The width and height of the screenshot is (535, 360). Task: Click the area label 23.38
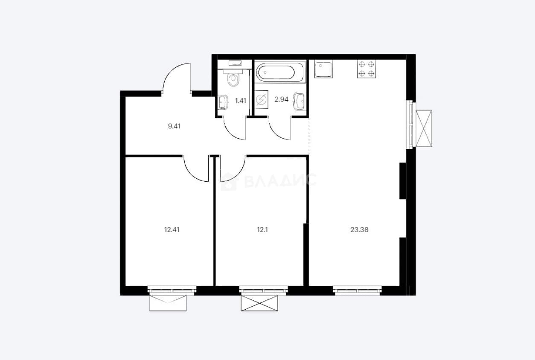click(x=359, y=229)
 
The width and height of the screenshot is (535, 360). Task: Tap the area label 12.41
click(x=172, y=229)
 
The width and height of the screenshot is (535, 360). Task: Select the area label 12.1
click(x=262, y=229)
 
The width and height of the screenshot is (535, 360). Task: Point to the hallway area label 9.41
click(x=174, y=126)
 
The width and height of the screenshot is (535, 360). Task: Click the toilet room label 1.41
click(x=241, y=101)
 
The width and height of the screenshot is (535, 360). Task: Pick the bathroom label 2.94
click(x=281, y=99)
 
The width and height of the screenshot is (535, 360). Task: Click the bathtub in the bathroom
click(x=280, y=72)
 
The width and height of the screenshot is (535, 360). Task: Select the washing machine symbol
click(x=261, y=99)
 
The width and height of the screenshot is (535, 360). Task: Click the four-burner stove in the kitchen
click(x=366, y=69)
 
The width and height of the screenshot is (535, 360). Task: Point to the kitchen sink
click(x=324, y=69)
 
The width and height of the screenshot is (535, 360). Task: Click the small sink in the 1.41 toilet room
click(x=223, y=102)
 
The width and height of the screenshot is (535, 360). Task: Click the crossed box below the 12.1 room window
click(x=259, y=303)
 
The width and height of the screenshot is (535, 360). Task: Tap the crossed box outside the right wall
click(x=424, y=128)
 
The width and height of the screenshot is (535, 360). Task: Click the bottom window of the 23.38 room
click(x=357, y=290)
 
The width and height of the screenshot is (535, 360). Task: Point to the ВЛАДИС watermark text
click(x=280, y=180)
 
